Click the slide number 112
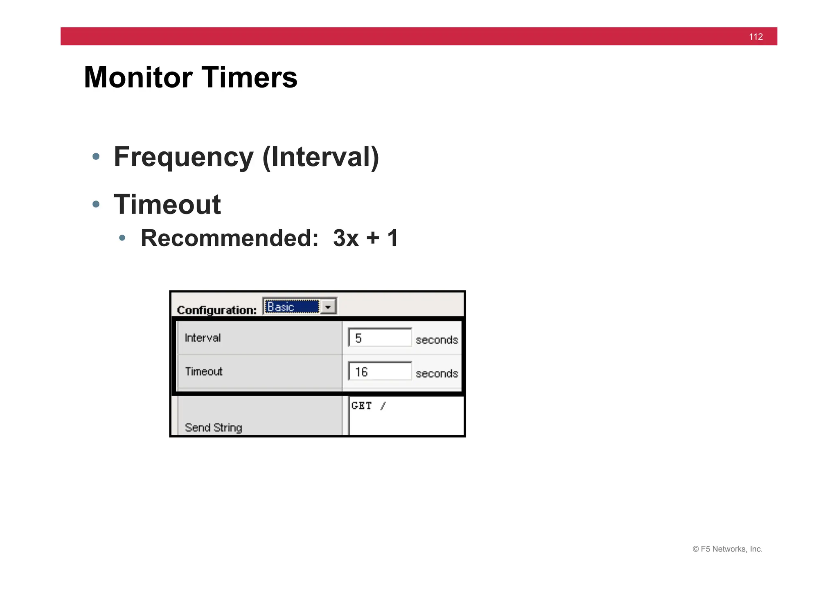click(x=755, y=37)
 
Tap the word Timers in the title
click(x=249, y=77)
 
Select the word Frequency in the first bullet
click(x=184, y=157)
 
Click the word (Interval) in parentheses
click(x=321, y=157)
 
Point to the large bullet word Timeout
click(x=167, y=205)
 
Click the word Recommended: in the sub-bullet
click(x=229, y=238)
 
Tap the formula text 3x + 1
click(x=365, y=238)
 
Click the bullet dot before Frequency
click(x=96, y=156)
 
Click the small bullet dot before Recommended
click(x=122, y=238)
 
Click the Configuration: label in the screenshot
click(x=216, y=310)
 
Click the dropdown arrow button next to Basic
click(x=328, y=306)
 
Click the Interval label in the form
click(x=203, y=338)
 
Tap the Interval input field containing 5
click(x=380, y=338)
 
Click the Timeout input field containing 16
click(x=380, y=371)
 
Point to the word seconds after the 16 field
click(x=437, y=374)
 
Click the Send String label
click(x=213, y=428)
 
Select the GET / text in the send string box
click(x=368, y=406)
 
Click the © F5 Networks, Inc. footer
click(x=727, y=549)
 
